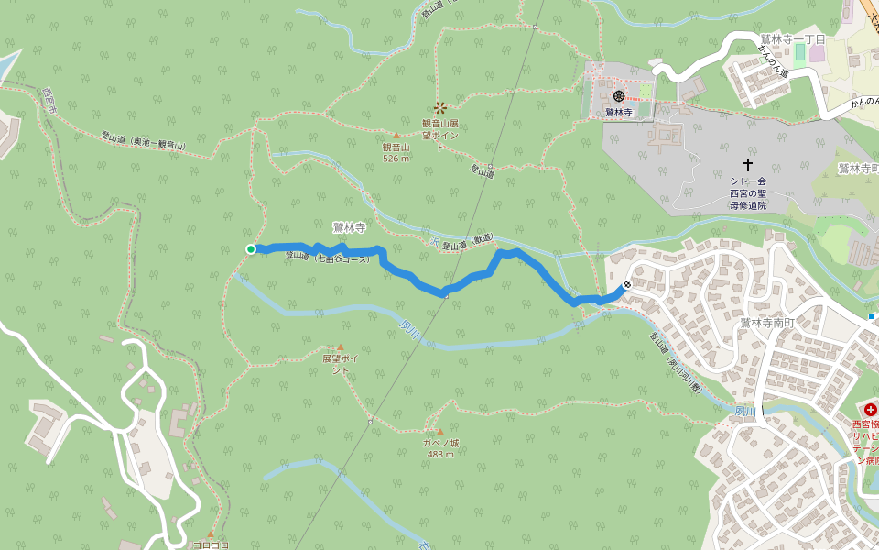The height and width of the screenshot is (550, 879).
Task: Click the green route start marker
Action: [251, 248]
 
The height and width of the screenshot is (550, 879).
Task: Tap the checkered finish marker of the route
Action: [626, 285]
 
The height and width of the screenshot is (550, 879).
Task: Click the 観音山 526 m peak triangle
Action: [396, 136]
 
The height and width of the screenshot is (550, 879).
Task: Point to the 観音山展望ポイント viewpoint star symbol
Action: [440, 107]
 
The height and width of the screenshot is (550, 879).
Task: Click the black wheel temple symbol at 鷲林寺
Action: [619, 95]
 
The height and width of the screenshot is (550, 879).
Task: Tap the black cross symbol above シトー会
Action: [748, 164]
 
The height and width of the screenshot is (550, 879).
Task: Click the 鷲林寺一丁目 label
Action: [793, 38]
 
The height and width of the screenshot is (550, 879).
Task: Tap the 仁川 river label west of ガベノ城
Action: [409, 326]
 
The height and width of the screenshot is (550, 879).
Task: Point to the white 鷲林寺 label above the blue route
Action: [349, 225]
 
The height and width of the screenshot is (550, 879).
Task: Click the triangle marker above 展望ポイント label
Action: [340, 347]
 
